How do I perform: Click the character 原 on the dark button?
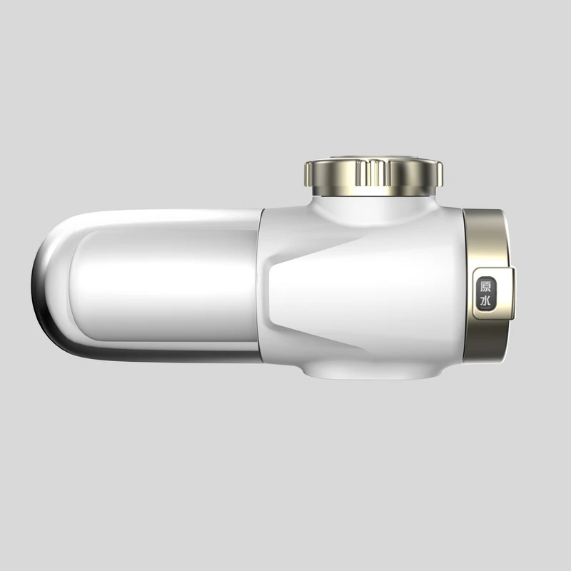(x=485, y=287)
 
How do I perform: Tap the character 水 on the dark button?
(x=485, y=300)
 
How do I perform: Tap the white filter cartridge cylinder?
(x=166, y=286)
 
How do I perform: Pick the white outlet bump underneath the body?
(x=372, y=370)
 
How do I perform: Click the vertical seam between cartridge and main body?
(x=261, y=286)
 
